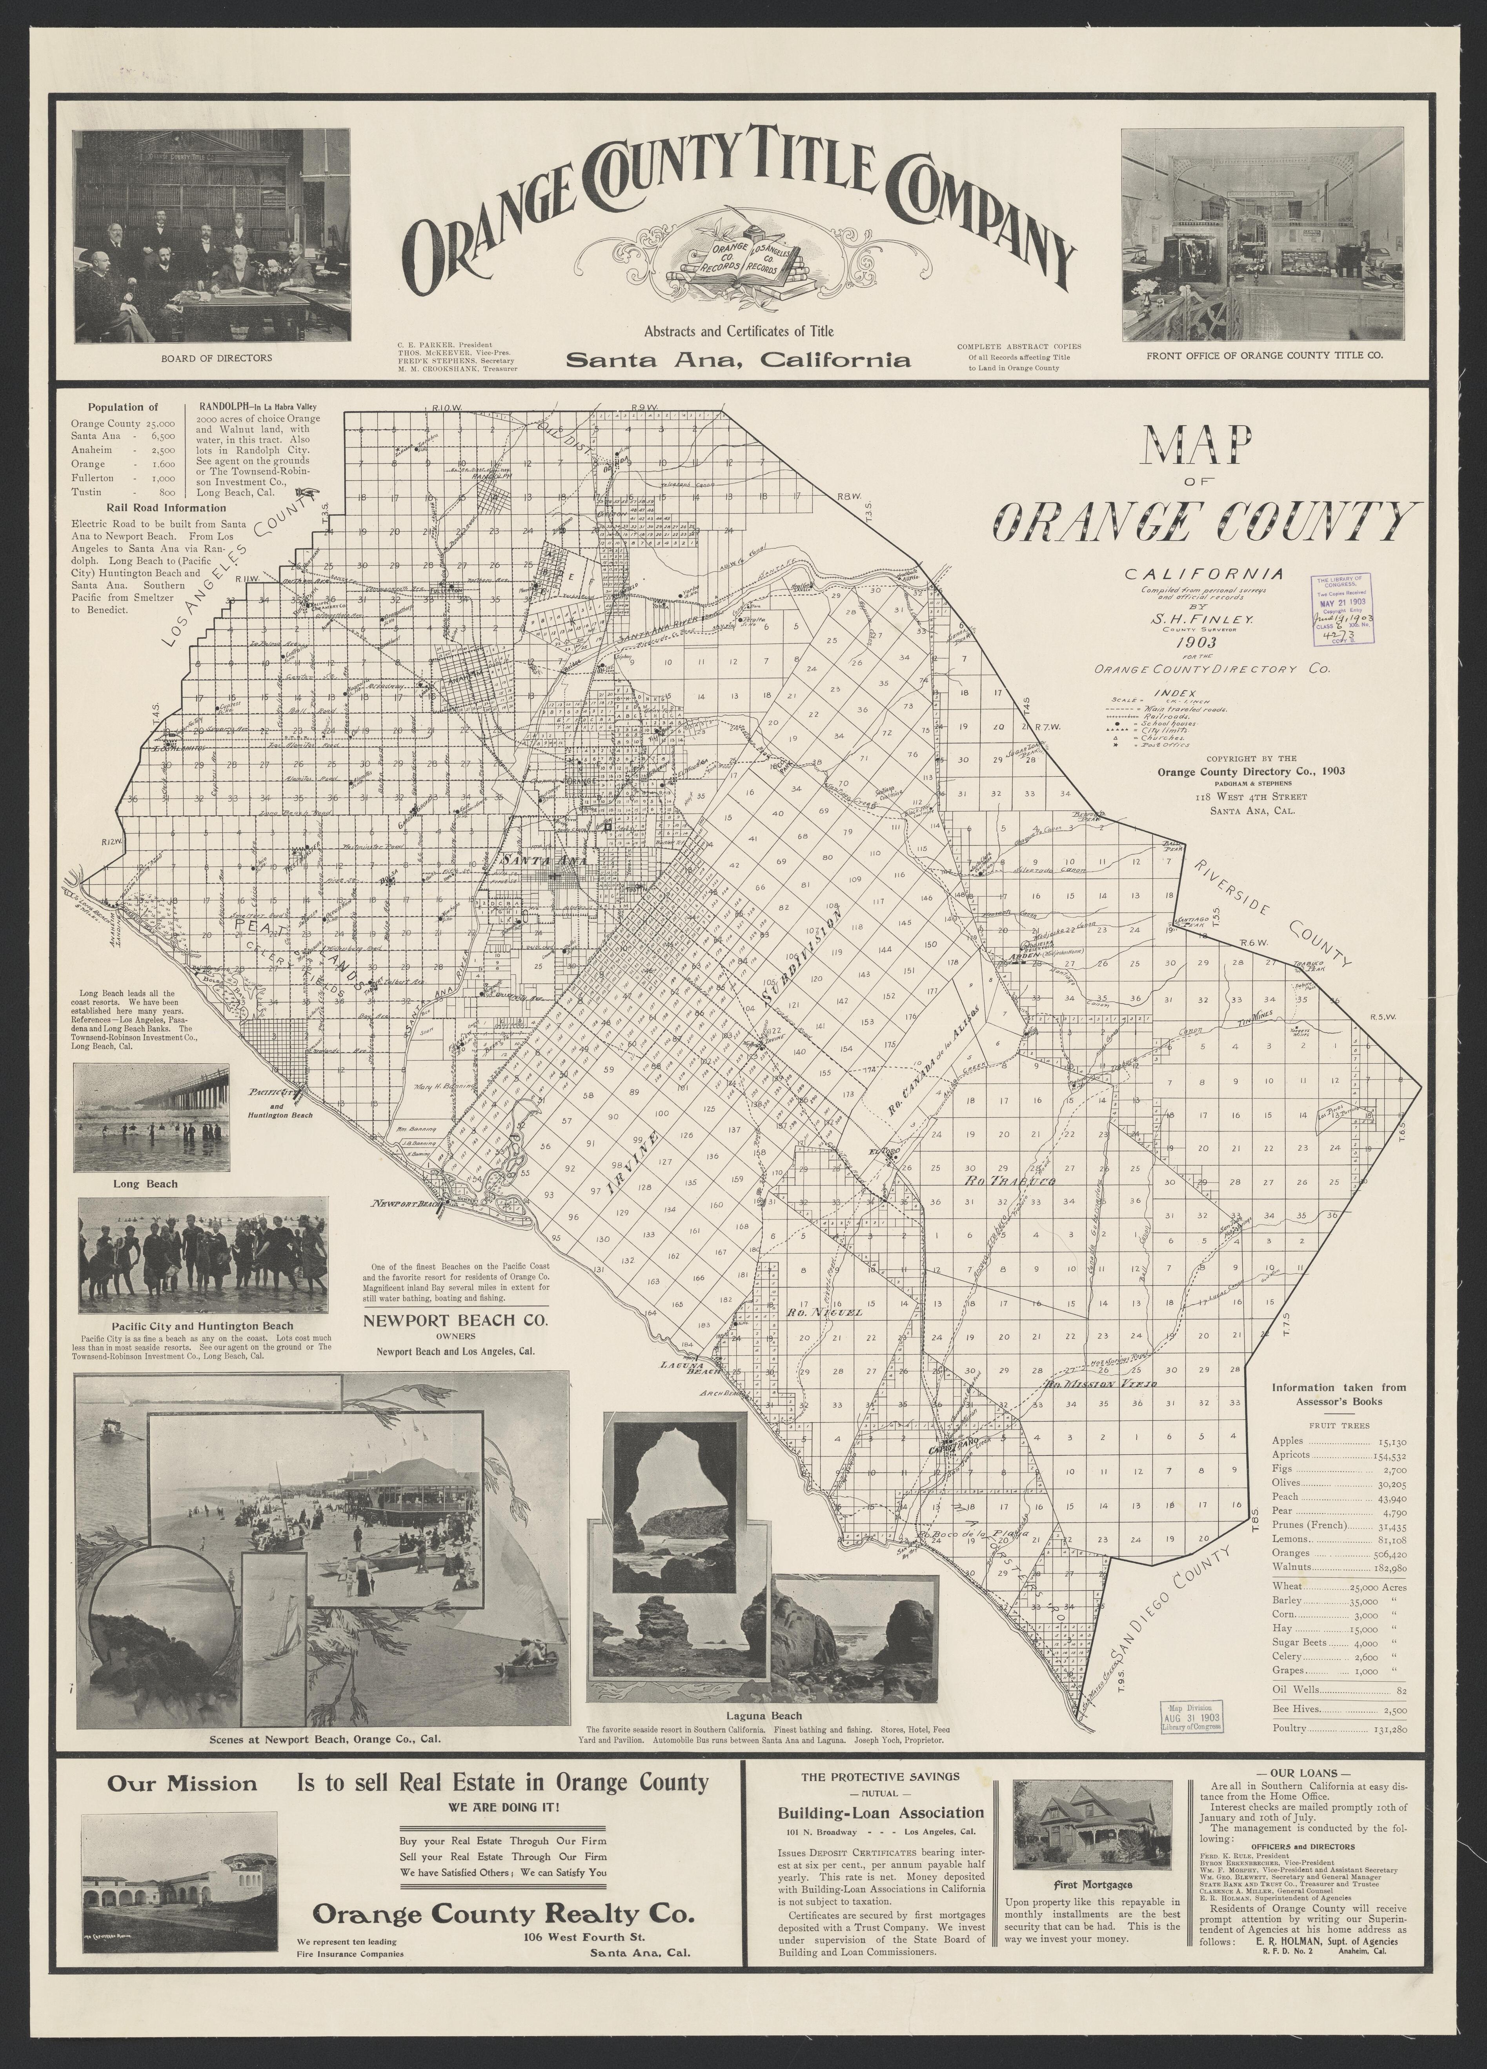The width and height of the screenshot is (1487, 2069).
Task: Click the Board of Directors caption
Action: [216, 358]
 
